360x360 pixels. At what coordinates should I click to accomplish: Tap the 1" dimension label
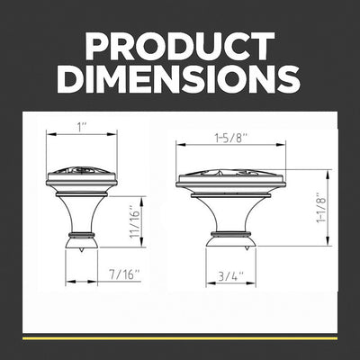pyautogui.click(x=81, y=127)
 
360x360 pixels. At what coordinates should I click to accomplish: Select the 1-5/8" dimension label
pyautogui.click(x=230, y=139)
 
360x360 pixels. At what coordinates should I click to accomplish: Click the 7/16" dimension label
pyautogui.click(x=124, y=274)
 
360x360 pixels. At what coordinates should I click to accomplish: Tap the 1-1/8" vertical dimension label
pyautogui.click(x=321, y=207)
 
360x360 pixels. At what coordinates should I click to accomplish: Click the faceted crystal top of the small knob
pyautogui.click(x=81, y=174)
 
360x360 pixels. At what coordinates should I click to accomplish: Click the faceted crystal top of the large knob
pyautogui.click(x=230, y=175)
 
